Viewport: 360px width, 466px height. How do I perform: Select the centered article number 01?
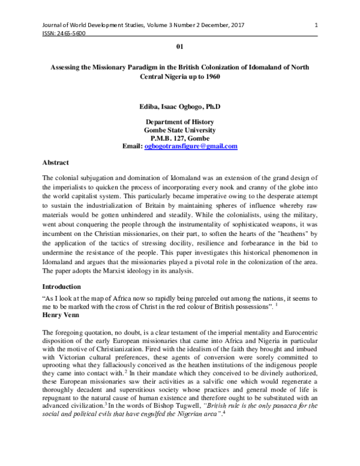[x=179, y=46]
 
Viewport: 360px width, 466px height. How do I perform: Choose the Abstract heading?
[x=56, y=163]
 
